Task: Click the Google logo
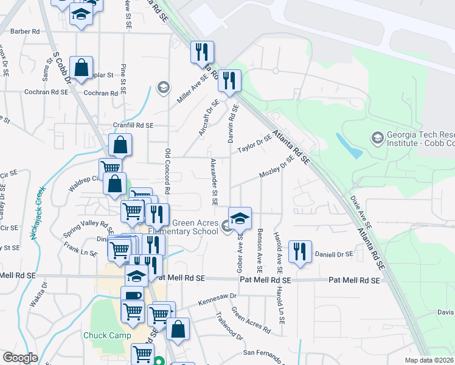pyautogui.click(x=20, y=358)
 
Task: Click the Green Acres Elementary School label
pyautogui.click(x=194, y=226)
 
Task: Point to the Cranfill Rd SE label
pyautogui.click(x=132, y=125)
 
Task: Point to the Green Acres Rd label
pyautogui.click(x=250, y=323)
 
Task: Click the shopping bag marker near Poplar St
pyautogui.click(x=81, y=69)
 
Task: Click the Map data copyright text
pyautogui.click(x=429, y=360)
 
